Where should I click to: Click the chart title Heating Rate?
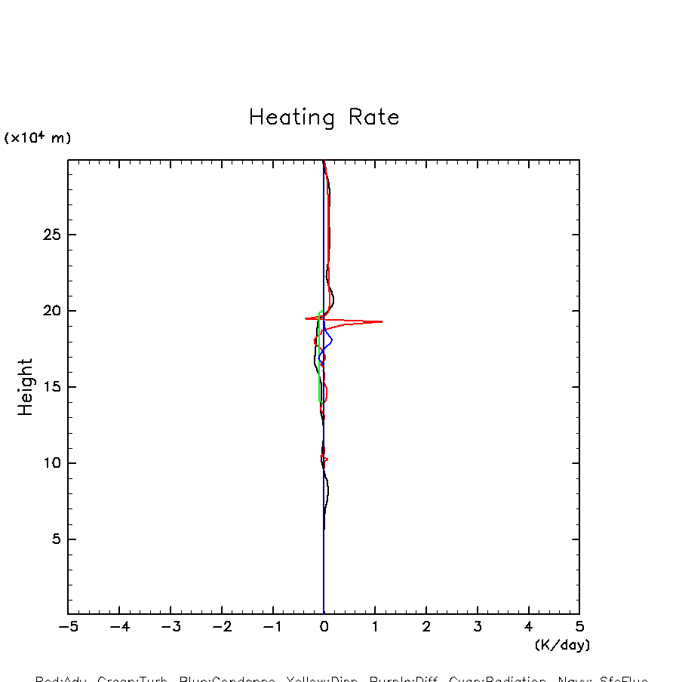324,118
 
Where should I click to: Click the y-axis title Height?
26,387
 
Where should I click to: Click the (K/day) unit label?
562,645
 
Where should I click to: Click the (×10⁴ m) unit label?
38,138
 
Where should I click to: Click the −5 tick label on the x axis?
68,626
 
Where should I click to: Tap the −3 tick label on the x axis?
170,626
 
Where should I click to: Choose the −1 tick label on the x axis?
272,626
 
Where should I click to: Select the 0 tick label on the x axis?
324,626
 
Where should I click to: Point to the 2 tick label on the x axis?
426,626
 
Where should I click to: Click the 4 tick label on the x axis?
528,626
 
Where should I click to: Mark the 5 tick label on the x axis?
579,626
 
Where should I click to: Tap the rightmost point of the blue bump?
332,340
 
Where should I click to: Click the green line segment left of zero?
319,362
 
